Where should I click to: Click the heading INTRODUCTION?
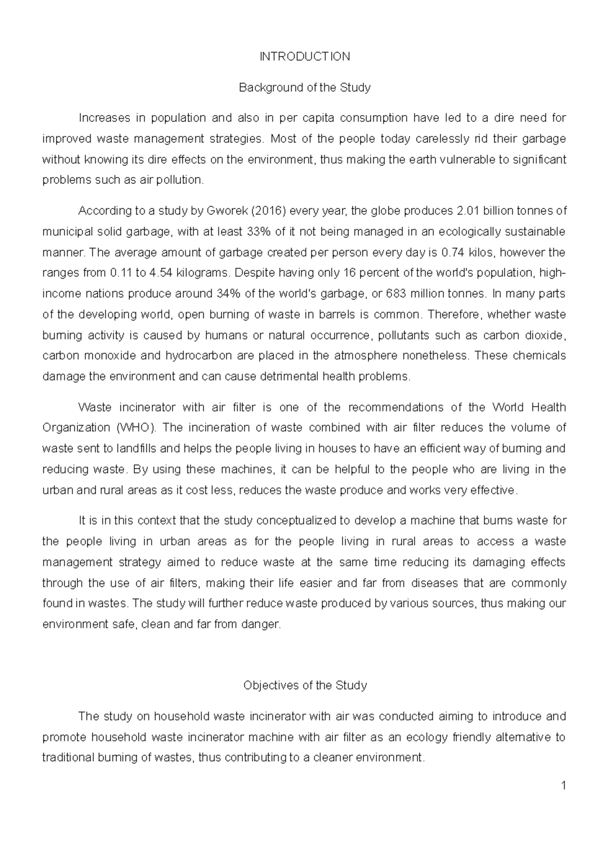tap(305, 57)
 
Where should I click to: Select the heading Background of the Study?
tap(305, 88)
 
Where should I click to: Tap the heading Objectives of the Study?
tap(305, 685)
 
